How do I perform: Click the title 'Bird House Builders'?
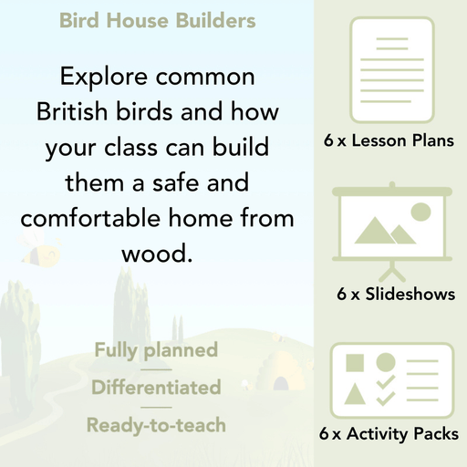[x=157, y=20]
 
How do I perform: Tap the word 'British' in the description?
[x=78, y=114]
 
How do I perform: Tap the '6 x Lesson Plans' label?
[x=388, y=141]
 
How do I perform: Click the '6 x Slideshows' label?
[x=395, y=294]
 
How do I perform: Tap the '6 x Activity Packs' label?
[x=388, y=435]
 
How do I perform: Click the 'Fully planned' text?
[x=156, y=350]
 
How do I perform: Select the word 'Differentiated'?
[x=156, y=387]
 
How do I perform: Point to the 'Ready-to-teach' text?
[x=156, y=424]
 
